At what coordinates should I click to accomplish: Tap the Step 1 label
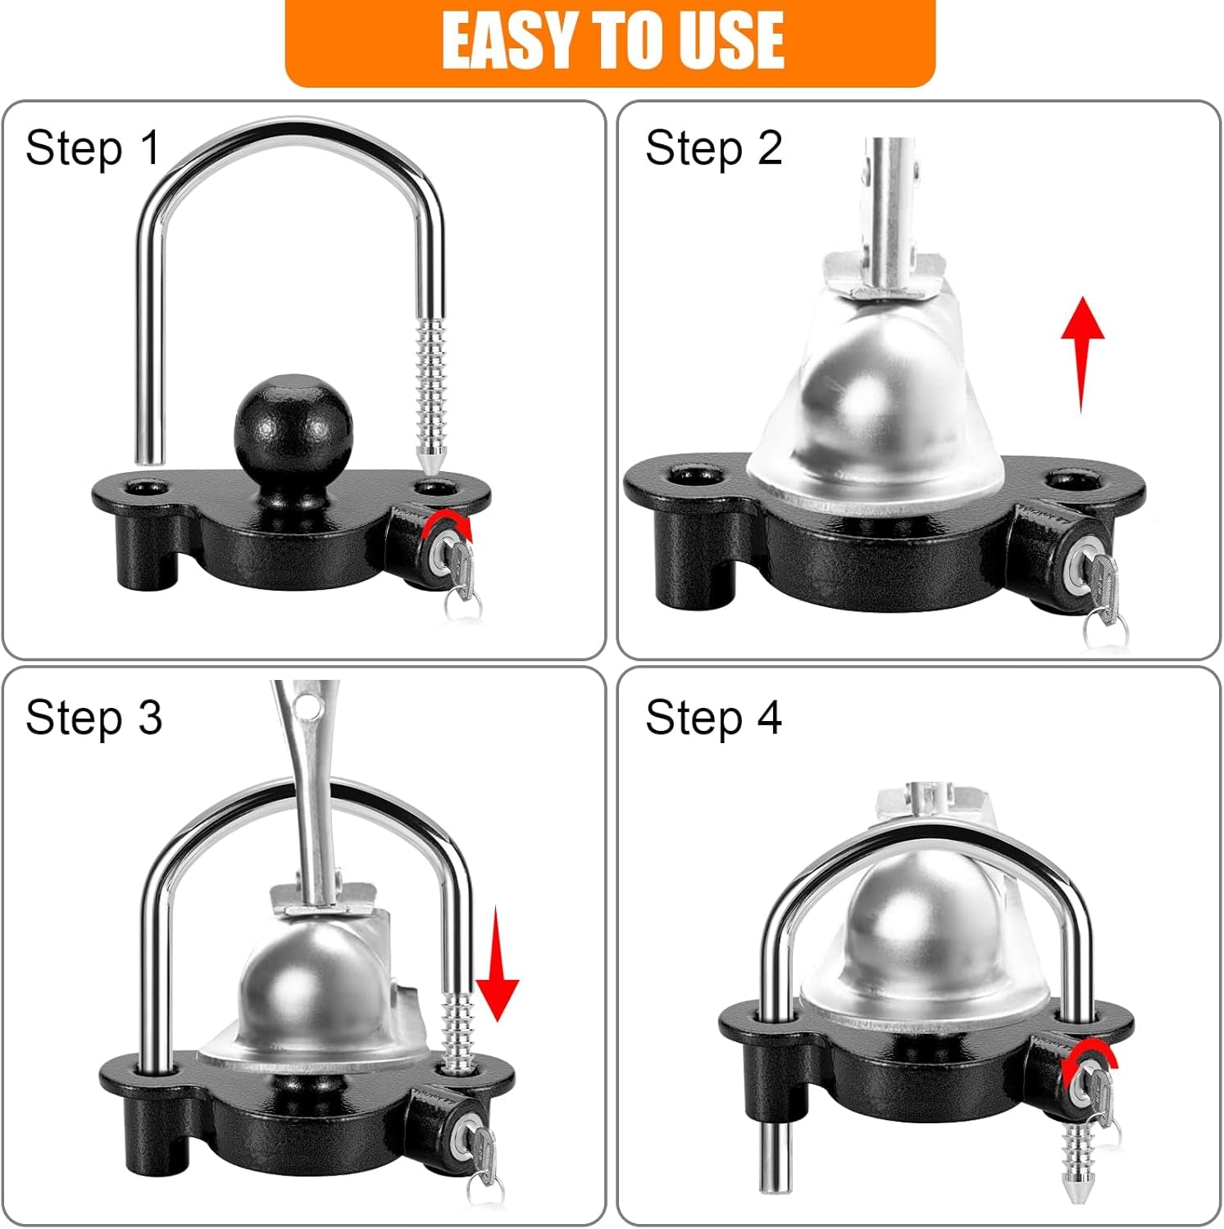click(x=92, y=148)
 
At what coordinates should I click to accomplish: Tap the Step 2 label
click(x=713, y=148)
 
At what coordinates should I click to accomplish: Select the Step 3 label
click(x=93, y=718)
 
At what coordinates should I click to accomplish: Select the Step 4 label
click(x=713, y=718)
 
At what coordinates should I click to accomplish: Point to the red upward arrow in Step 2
click(x=1082, y=352)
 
